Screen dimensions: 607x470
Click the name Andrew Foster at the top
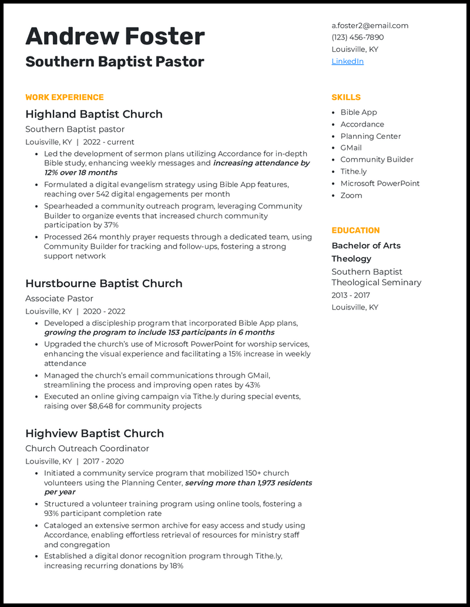click(115, 36)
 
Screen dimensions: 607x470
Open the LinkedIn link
click(347, 61)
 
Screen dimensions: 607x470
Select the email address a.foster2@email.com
click(370, 25)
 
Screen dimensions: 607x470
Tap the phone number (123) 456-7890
click(357, 37)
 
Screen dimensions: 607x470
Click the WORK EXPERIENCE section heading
click(65, 97)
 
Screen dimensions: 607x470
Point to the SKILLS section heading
click(346, 97)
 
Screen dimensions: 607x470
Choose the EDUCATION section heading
click(355, 230)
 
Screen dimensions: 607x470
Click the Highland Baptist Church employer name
click(94, 114)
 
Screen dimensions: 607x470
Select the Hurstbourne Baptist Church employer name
click(104, 284)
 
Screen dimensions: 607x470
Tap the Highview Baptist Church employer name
click(95, 433)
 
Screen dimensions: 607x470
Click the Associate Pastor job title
click(59, 298)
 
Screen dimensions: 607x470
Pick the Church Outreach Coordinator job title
click(87, 448)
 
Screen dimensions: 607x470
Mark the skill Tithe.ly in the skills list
click(353, 171)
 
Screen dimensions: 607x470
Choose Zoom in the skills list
click(351, 195)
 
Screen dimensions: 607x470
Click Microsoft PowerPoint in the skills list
click(380, 183)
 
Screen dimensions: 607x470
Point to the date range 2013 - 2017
click(351, 295)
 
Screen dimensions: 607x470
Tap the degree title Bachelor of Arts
click(366, 245)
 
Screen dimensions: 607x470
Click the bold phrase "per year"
click(60, 492)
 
